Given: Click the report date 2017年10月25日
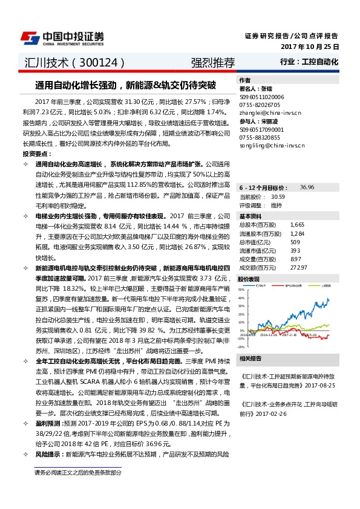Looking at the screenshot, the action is [310, 47].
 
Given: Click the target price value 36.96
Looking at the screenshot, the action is [307, 187].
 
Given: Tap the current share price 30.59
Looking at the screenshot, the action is [278, 197].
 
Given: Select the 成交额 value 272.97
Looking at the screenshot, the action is [299, 267].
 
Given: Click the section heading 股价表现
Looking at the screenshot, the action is [249, 279].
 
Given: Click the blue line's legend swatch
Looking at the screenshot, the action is [252, 285].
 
